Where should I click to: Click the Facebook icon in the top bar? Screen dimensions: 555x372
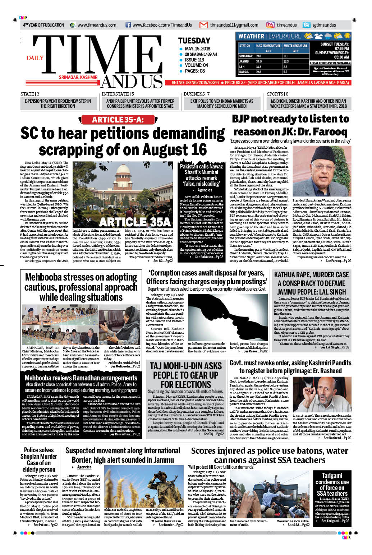coord(128,25)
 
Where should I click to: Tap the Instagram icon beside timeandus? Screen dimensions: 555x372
coord(270,25)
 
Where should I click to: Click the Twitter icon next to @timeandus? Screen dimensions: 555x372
coord(306,25)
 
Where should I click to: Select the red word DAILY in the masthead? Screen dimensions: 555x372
coord(35,58)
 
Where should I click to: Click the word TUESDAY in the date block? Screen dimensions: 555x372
coord(194,41)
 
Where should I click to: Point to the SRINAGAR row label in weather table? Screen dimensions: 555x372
coord(246,56)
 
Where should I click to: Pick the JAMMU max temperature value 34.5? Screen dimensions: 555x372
coord(259,61)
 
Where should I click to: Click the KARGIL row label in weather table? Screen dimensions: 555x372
coord(244,72)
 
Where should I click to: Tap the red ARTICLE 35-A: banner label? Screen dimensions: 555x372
coord(118,120)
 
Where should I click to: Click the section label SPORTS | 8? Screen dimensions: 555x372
coord(277,94)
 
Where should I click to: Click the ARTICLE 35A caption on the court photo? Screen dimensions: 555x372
coord(135,222)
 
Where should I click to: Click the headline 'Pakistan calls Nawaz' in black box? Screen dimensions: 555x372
coord(201,167)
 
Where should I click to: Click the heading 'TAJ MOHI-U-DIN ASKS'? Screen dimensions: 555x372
coord(185,366)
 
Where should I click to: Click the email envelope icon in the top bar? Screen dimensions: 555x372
coord(203,25)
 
